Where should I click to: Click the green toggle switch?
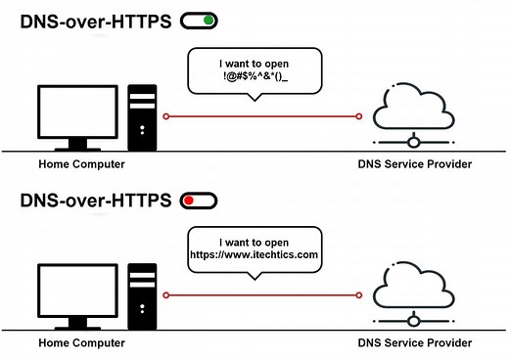tap(199, 20)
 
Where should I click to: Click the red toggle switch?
tap(199, 201)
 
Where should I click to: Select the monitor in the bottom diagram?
tap(77, 291)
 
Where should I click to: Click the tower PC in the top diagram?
tap(143, 114)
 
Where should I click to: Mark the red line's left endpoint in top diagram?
tap(167, 116)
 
